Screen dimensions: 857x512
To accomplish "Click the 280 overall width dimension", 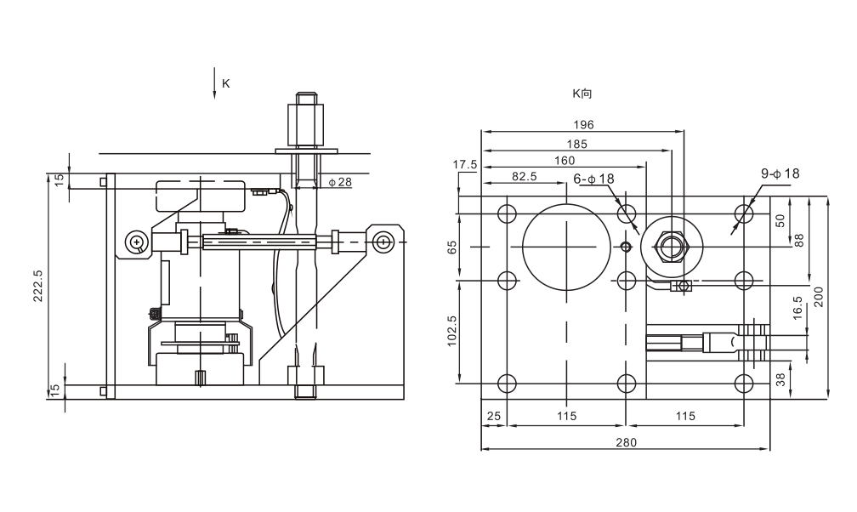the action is pyautogui.click(x=626, y=442).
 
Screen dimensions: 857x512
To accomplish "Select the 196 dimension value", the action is pyautogui.click(x=583, y=125).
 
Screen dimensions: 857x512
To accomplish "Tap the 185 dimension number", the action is pyautogui.click(x=576, y=144).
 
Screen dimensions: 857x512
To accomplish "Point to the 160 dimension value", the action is pyautogui.click(x=565, y=160).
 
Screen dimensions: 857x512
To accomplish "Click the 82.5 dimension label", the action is pyautogui.click(x=524, y=176).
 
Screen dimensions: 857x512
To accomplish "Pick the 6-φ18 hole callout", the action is pyautogui.click(x=593, y=179).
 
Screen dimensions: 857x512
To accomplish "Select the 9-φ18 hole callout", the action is pyautogui.click(x=780, y=174).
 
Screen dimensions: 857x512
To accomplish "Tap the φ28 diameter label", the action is pyautogui.click(x=340, y=182).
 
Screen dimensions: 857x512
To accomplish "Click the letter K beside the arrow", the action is pyautogui.click(x=226, y=83).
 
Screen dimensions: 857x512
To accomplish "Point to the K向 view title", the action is pyautogui.click(x=582, y=94).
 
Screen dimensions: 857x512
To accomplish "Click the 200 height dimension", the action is pyautogui.click(x=818, y=297).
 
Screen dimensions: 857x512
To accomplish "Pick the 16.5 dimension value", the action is pyautogui.click(x=797, y=308).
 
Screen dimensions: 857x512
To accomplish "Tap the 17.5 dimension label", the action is pyautogui.click(x=464, y=164).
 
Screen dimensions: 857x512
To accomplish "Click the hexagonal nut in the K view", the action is pyautogui.click(x=672, y=247).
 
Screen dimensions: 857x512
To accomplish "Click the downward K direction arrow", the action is pyautogui.click(x=214, y=83).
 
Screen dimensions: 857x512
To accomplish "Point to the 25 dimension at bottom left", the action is pyautogui.click(x=493, y=416).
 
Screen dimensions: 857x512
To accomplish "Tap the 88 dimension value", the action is pyautogui.click(x=799, y=241).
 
